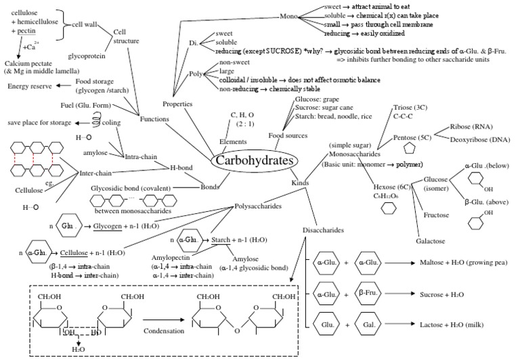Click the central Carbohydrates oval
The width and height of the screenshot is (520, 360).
tap(254, 162)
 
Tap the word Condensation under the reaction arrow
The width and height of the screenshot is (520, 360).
tap(167, 332)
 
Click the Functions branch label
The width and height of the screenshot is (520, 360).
tap(155, 119)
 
